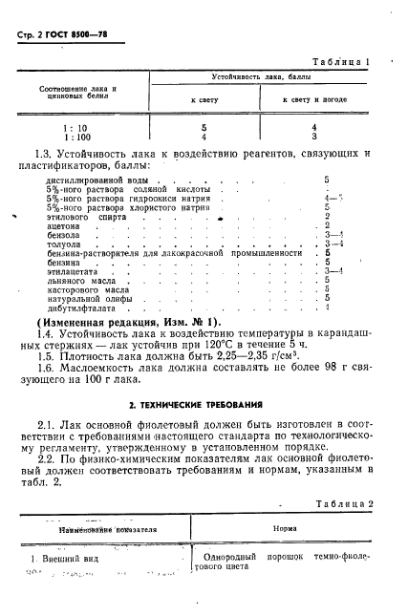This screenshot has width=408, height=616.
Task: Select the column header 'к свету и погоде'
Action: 314,99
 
